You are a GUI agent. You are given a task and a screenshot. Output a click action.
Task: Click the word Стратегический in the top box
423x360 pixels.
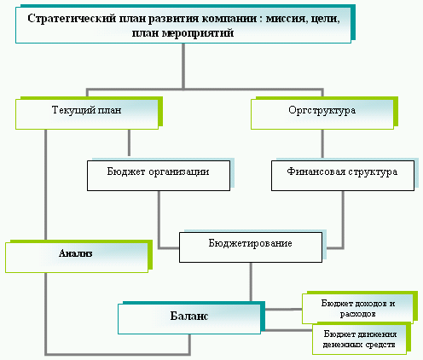point(72,19)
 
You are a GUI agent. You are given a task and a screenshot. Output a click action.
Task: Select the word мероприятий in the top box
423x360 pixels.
point(198,33)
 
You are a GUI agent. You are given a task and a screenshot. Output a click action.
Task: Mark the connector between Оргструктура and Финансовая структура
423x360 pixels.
point(322,143)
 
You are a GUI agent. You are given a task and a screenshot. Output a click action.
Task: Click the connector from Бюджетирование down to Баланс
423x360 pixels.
point(251,282)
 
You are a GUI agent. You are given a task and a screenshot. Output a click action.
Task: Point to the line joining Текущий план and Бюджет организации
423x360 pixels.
point(129,142)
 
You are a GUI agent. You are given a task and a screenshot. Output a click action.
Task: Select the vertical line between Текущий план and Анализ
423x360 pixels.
point(45,184)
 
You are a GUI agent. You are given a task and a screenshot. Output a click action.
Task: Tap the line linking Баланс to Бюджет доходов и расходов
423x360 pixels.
point(283,309)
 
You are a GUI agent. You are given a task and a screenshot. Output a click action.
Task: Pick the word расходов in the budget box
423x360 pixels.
point(357,314)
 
